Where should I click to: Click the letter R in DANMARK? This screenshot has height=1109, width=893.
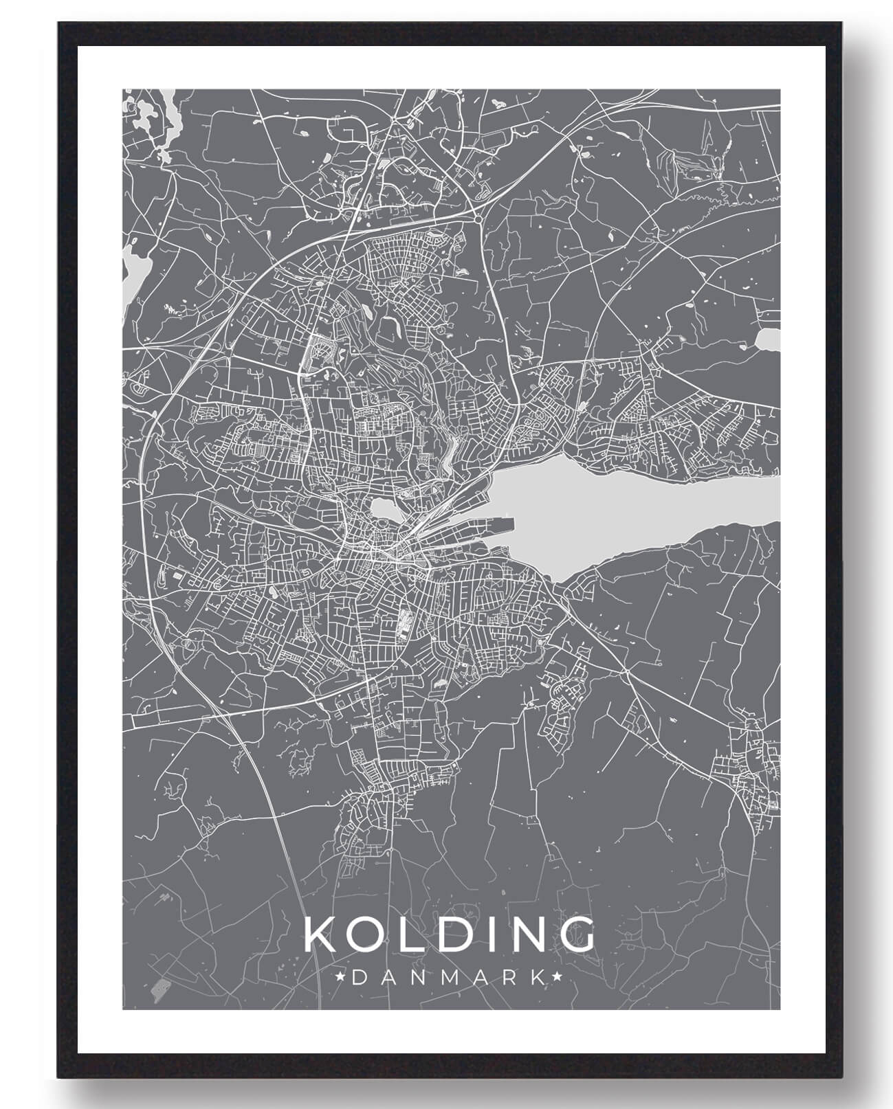coord(507,976)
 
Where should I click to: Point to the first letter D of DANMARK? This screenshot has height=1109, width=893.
coord(357,976)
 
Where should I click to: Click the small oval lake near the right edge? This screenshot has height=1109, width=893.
coord(768,338)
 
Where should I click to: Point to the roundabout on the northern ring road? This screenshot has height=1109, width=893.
coord(477,218)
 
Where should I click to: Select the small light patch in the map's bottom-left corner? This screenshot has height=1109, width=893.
coord(159,988)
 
